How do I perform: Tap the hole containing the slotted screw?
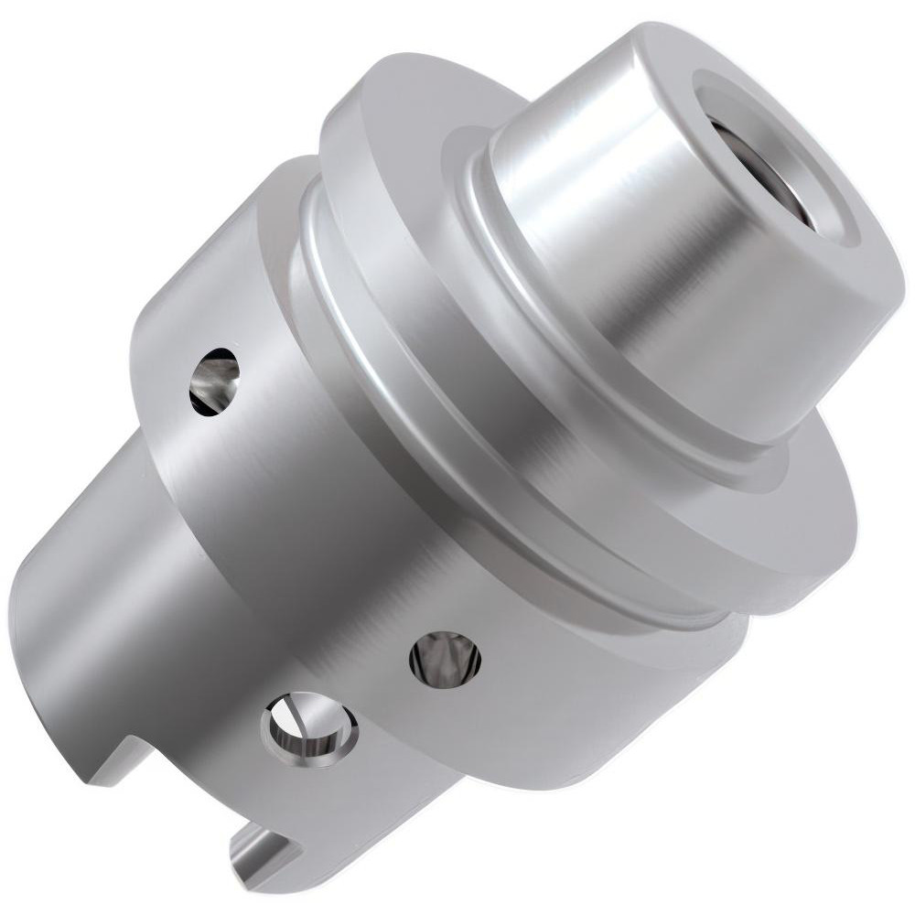coord(308,728)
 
